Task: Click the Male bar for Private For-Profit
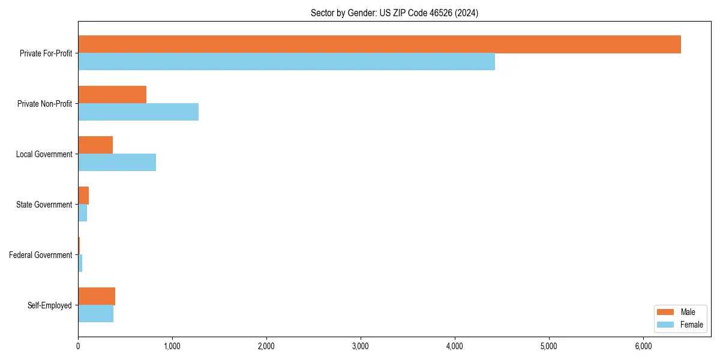point(379,44)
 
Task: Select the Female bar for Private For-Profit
point(286,62)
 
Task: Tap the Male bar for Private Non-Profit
point(112,95)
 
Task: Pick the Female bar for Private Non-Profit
point(138,112)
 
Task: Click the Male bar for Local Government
point(95,145)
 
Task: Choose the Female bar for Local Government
point(117,163)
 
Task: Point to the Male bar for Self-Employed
point(97,296)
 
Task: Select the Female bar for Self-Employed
point(95,314)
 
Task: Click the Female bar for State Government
point(83,213)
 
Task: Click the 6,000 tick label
point(643,346)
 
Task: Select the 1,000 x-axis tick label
point(172,346)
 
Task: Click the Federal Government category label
point(41,255)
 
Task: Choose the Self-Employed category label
point(50,305)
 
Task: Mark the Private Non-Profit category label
point(44,104)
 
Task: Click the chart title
point(394,13)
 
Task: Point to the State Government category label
point(44,205)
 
